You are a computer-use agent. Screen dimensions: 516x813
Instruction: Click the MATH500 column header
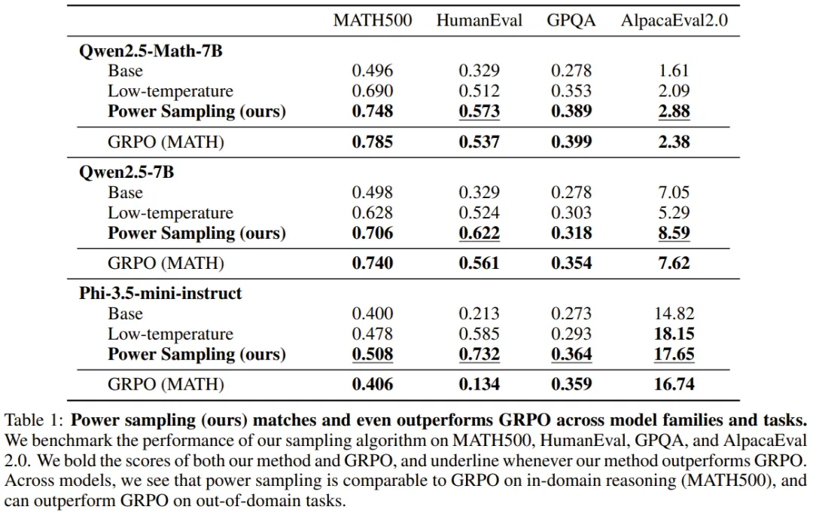pyautogui.click(x=373, y=20)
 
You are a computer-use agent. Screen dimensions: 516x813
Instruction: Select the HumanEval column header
pyautogui.click(x=479, y=20)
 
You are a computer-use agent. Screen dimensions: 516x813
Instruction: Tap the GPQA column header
pyautogui.click(x=571, y=20)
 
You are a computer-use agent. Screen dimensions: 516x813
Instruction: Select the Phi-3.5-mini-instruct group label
pyautogui.click(x=160, y=293)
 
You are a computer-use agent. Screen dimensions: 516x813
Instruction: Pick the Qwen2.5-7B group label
pyautogui.click(x=126, y=172)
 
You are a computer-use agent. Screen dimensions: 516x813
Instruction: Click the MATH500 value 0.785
pyautogui.click(x=373, y=142)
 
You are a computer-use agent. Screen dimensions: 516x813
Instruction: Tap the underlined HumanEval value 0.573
pyautogui.click(x=479, y=111)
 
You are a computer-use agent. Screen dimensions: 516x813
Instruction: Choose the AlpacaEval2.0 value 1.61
pyautogui.click(x=673, y=72)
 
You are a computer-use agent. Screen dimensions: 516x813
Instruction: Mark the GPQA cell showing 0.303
pyautogui.click(x=571, y=212)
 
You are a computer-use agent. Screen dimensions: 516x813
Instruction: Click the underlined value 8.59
pyautogui.click(x=673, y=233)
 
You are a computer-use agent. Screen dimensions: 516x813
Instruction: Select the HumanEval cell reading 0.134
pyautogui.click(x=479, y=384)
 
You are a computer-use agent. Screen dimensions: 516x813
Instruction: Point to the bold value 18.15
pyautogui.click(x=673, y=334)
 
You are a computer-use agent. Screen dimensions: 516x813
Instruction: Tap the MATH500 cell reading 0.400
pyautogui.click(x=373, y=313)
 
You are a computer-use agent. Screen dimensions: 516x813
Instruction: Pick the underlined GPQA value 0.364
pyautogui.click(x=571, y=354)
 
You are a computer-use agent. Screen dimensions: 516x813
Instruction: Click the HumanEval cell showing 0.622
pyautogui.click(x=479, y=233)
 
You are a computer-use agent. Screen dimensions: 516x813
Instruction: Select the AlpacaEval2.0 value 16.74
pyautogui.click(x=673, y=384)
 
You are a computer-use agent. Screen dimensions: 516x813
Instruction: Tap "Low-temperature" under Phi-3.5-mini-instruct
pyautogui.click(x=170, y=334)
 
